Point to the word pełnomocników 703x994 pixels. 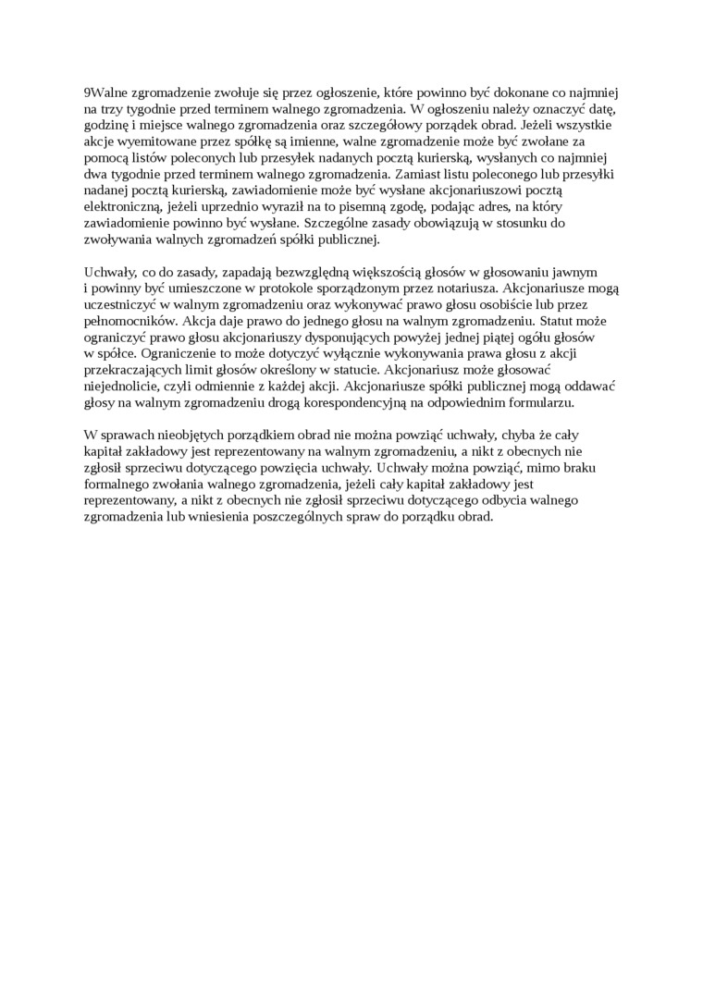(125, 323)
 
